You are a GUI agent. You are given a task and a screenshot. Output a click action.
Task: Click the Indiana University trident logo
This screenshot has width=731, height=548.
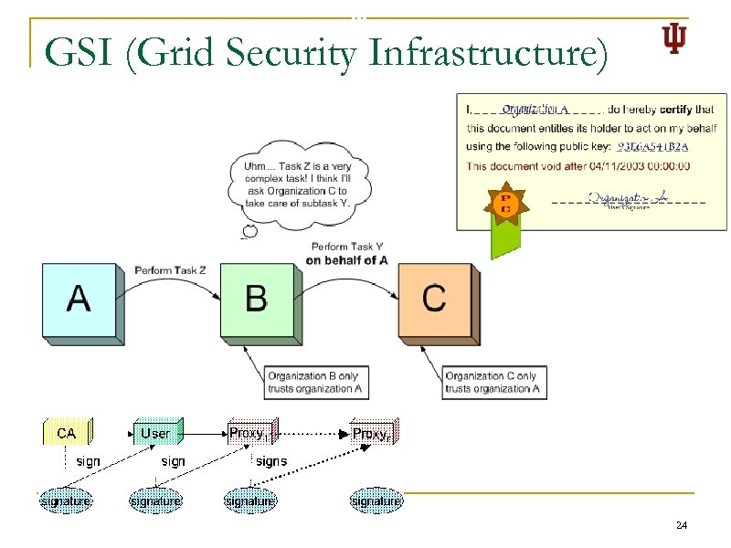click(673, 39)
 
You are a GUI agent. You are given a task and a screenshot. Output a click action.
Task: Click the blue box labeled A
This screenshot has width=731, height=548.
click(79, 300)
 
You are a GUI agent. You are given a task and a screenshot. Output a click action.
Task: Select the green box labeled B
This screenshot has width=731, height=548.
click(257, 300)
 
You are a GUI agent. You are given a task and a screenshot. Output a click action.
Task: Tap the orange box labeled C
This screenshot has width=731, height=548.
click(434, 300)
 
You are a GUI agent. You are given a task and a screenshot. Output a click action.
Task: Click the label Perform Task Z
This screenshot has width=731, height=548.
click(171, 270)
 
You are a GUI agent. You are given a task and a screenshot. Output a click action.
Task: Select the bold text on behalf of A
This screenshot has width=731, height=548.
click(347, 260)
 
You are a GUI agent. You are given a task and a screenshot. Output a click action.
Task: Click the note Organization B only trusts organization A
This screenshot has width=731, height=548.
click(313, 382)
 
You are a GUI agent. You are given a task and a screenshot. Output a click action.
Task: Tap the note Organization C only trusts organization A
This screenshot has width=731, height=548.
click(492, 382)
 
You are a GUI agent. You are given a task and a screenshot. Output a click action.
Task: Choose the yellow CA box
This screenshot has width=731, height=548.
click(66, 432)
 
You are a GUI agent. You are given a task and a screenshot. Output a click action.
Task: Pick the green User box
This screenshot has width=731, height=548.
click(155, 432)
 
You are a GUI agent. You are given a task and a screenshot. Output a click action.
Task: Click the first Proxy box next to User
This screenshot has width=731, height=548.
click(248, 432)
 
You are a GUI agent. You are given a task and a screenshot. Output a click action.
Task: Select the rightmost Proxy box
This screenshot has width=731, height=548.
click(373, 433)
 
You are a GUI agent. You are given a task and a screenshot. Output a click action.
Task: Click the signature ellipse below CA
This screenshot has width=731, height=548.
click(66, 501)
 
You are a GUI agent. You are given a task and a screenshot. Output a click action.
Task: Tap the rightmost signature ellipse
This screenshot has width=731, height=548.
click(376, 501)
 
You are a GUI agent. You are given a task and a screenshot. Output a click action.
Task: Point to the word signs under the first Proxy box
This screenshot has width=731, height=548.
click(271, 461)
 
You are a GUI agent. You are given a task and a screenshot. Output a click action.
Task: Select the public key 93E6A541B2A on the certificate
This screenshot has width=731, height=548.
click(652, 146)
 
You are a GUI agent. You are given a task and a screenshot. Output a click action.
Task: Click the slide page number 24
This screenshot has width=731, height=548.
click(681, 526)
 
